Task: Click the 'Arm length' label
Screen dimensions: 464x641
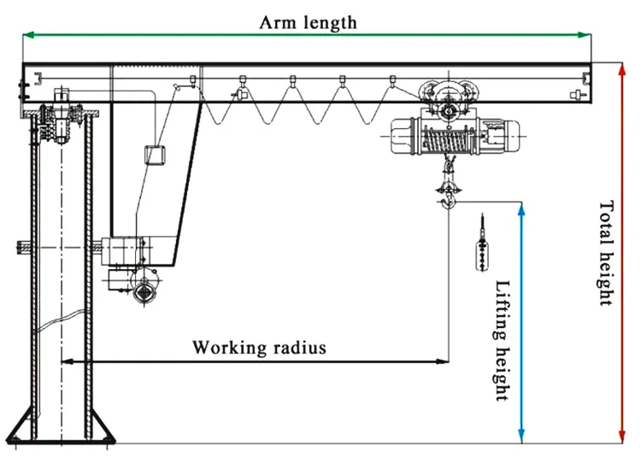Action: point(308,22)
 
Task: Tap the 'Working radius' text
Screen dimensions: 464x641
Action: point(259,347)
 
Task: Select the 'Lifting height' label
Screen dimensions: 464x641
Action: point(502,340)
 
